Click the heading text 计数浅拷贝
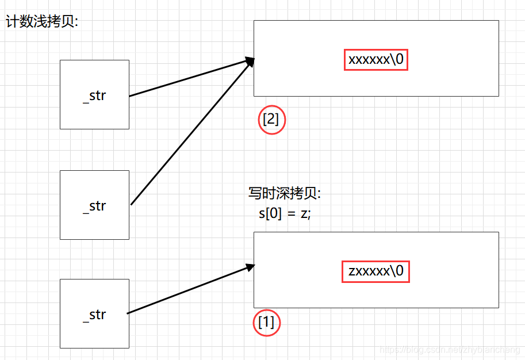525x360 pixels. [x=41, y=22]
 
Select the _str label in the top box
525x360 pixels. [x=95, y=95]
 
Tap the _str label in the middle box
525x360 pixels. [x=95, y=206]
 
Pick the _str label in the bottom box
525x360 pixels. [x=95, y=315]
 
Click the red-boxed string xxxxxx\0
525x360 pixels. [x=376, y=59]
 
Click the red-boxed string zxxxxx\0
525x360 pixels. [x=377, y=271]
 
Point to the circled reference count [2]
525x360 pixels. [x=271, y=120]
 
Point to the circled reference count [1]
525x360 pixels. [x=267, y=323]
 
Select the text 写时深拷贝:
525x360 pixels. [x=284, y=194]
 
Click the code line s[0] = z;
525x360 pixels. [x=285, y=213]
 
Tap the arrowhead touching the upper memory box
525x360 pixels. [x=250, y=60]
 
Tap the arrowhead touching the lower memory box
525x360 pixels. [x=250, y=267]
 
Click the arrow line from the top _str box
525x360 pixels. [x=190, y=78]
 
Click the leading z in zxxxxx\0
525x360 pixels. [x=352, y=271]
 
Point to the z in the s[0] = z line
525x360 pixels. [x=304, y=214]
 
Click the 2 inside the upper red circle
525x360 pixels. [x=271, y=120]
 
